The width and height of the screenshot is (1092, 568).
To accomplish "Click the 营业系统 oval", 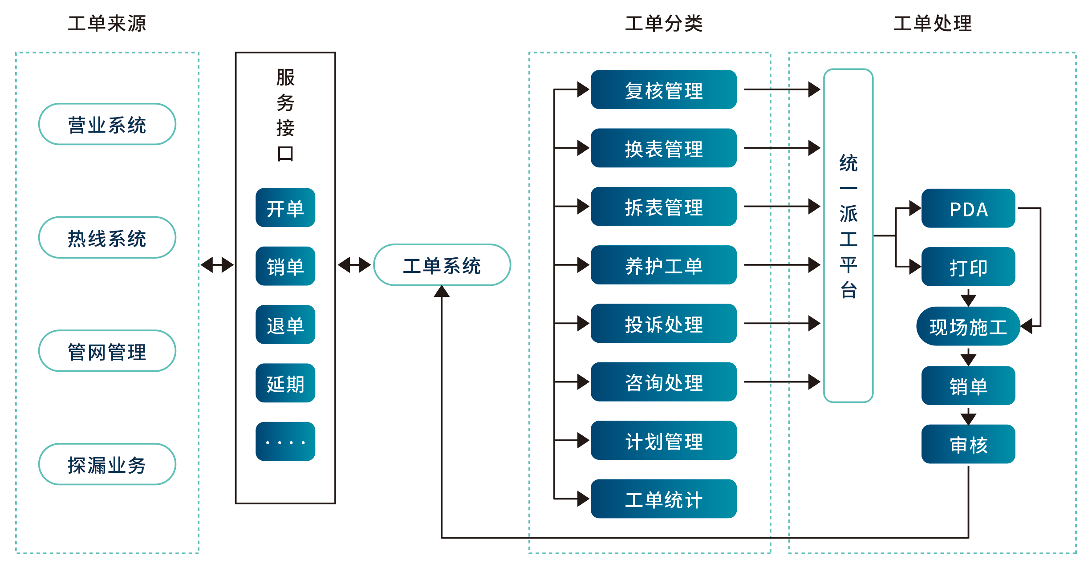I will tap(107, 124).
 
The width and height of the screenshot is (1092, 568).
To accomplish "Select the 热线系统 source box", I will tap(107, 238).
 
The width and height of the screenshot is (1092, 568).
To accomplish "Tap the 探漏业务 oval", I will tap(107, 464).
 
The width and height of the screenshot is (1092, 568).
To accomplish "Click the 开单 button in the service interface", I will tap(285, 208).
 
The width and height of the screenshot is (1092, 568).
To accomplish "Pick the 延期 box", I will tap(285, 383).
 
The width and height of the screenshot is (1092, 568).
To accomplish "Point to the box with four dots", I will tap(285, 442).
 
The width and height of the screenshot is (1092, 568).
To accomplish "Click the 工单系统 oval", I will tap(442, 265).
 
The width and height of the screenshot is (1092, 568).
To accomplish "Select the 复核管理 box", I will tap(663, 90).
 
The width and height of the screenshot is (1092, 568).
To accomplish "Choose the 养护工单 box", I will tap(663, 265).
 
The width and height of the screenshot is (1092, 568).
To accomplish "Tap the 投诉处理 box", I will tap(663, 324).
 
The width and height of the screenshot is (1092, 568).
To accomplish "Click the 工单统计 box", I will tap(663, 499).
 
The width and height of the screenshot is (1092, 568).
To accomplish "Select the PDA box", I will tap(968, 208).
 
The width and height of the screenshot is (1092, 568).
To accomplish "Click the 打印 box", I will tap(968, 267).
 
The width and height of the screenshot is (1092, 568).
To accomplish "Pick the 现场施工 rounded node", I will tap(968, 326).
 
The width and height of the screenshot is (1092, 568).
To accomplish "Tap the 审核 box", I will tap(968, 444).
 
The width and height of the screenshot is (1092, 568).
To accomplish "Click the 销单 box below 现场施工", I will tap(968, 385).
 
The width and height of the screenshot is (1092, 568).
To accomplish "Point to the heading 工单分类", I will tap(664, 23).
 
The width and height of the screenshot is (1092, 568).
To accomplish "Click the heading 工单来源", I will tap(107, 23).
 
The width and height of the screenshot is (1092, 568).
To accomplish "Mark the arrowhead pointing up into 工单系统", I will tap(442, 292).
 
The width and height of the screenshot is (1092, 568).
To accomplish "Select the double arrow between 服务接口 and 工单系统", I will tap(354, 265).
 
